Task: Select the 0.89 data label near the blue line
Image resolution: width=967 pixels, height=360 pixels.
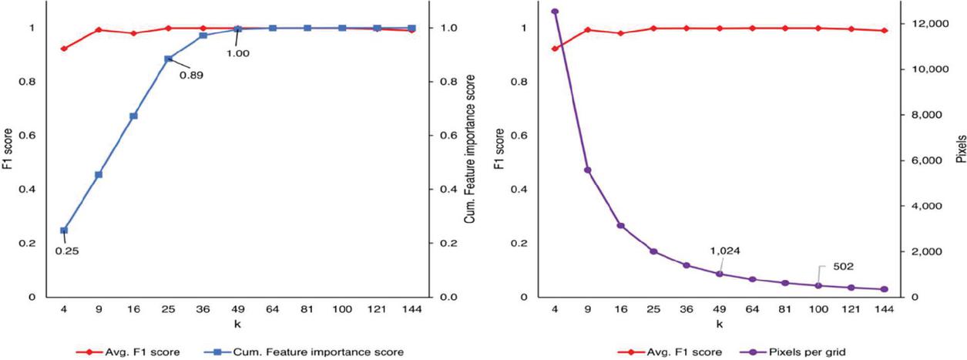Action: [191, 76]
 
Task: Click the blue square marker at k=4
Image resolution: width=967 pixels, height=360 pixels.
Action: [64, 230]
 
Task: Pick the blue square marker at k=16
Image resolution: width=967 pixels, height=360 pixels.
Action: [133, 116]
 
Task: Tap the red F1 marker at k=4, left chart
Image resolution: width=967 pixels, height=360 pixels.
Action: [64, 49]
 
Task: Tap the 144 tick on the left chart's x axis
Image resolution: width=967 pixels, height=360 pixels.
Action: [411, 310]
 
